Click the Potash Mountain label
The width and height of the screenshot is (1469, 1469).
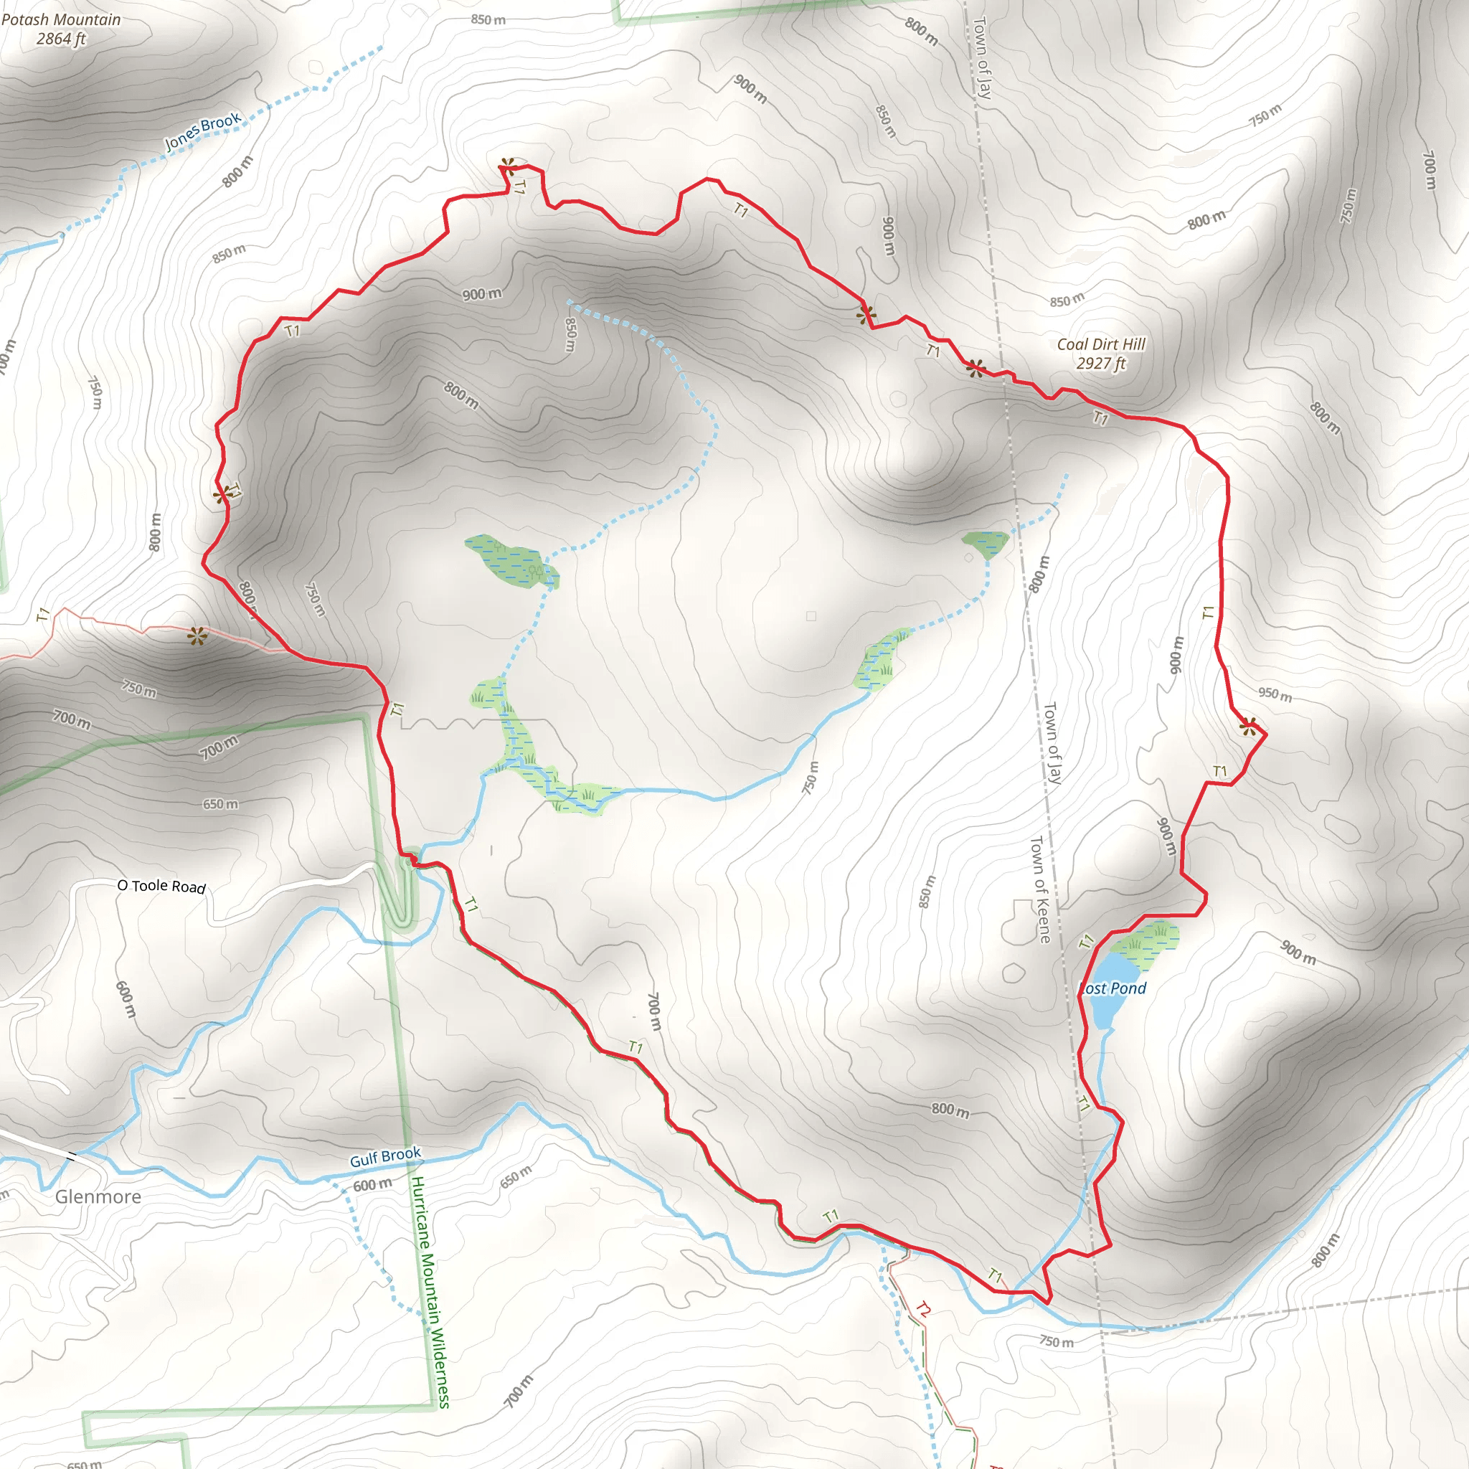pyautogui.click(x=61, y=20)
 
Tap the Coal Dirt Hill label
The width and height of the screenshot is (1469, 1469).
pyautogui.click(x=1100, y=344)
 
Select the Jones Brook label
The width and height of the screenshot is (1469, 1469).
pyautogui.click(x=202, y=131)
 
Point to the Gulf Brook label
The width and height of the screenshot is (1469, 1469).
pyautogui.click(x=384, y=1156)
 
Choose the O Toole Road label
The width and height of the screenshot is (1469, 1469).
pyautogui.click(x=161, y=886)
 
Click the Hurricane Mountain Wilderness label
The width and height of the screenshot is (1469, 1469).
pyautogui.click(x=430, y=1292)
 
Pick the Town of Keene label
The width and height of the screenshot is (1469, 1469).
pyautogui.click(x=1039, y=889)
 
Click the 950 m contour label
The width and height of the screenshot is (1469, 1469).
pyautogui.click(x=1275, y=694)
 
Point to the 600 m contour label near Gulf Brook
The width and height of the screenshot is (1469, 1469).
pyautogui.click(x=372, y=1185)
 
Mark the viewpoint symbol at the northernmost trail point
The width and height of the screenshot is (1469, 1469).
pyautogui.click(x=508, y=165)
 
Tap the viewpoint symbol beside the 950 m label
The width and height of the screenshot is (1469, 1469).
pyautogui.click(x=1248, y=727)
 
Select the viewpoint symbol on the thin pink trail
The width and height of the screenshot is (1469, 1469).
pyautogui.click(x=197, y=636)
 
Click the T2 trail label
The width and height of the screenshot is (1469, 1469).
pyautogui.click(x=922, y=1309)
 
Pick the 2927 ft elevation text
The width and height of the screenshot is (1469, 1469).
pyautogui.click(x=1100, y=364)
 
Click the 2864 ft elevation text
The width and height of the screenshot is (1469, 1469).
pyautogui.click(x=61, y=39)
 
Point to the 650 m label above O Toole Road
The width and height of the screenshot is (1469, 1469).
pyautogui.click(x=219, y=803)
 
